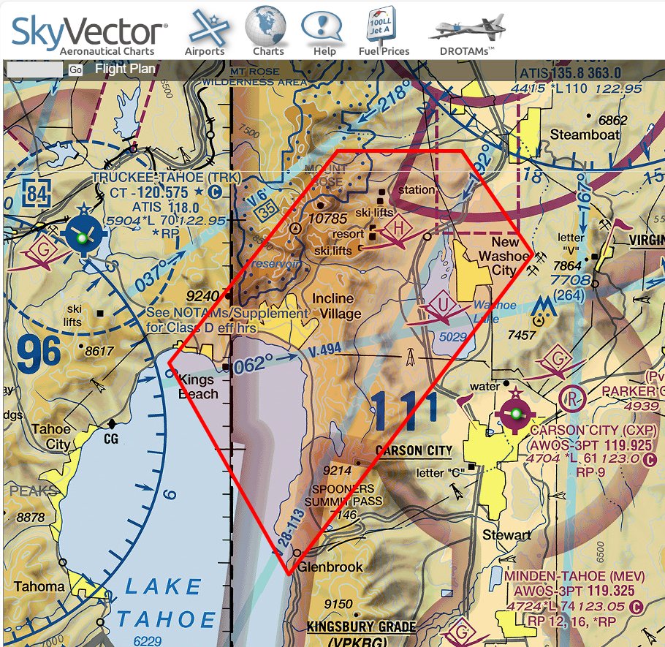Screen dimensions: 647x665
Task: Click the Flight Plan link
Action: click(125, 69)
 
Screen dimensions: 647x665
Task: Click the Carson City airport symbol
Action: click(517, 415)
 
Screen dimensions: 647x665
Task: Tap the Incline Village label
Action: click(332, 306)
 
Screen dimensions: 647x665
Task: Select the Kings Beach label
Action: click(198, 387)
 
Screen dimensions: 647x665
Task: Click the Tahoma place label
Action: click(39, 586)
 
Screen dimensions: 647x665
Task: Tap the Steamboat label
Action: click(585, 135)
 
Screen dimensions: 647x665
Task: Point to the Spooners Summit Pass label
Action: click(343, 495)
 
